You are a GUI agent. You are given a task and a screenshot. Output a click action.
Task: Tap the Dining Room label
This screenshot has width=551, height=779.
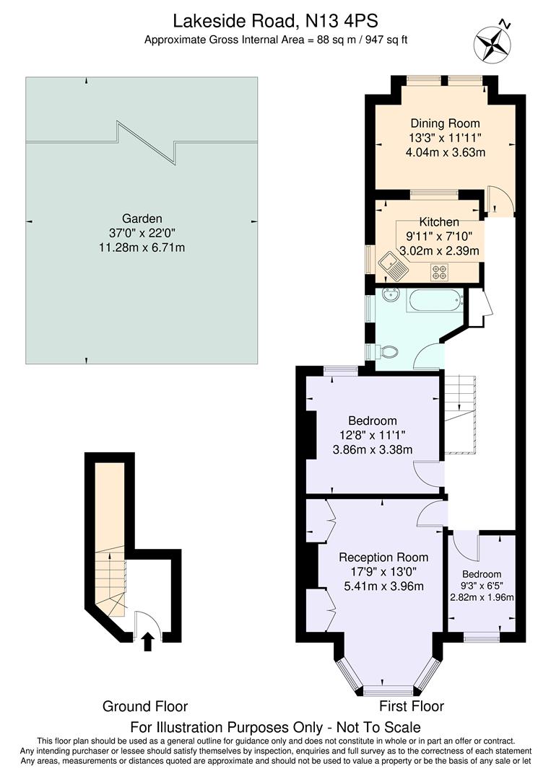point(445,123)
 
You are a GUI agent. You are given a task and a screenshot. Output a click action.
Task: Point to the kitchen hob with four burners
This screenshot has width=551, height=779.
point(440,271)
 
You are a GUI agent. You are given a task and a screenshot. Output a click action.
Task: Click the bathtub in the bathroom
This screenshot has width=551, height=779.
point(433,299)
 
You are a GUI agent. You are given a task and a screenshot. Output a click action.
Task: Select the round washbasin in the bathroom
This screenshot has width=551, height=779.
point(391,296)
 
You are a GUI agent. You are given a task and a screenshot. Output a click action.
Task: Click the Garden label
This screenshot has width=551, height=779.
point(142,219)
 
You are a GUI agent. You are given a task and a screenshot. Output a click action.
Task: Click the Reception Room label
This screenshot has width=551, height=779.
point(383,557)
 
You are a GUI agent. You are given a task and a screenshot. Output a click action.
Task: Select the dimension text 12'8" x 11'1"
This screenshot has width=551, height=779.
point(372,435)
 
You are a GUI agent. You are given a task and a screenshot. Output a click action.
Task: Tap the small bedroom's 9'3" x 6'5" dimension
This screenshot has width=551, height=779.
point(482,586)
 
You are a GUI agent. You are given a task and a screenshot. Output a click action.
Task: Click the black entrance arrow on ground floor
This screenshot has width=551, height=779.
point(149,641)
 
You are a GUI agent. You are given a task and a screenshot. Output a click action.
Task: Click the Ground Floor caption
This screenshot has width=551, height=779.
point(145,706)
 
